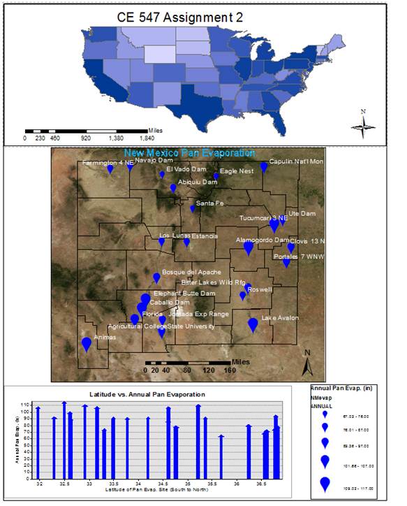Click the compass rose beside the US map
point(363,124)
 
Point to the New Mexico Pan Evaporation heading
point(190,153)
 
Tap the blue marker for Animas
point(87,343)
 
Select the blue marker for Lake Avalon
point(253,324)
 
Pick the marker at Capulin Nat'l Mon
point(264,166)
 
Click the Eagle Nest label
point(237,171)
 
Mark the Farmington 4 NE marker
point(110,168)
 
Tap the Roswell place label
point(260,289)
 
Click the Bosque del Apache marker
point(156,277)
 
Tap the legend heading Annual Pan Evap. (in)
point(348,388)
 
